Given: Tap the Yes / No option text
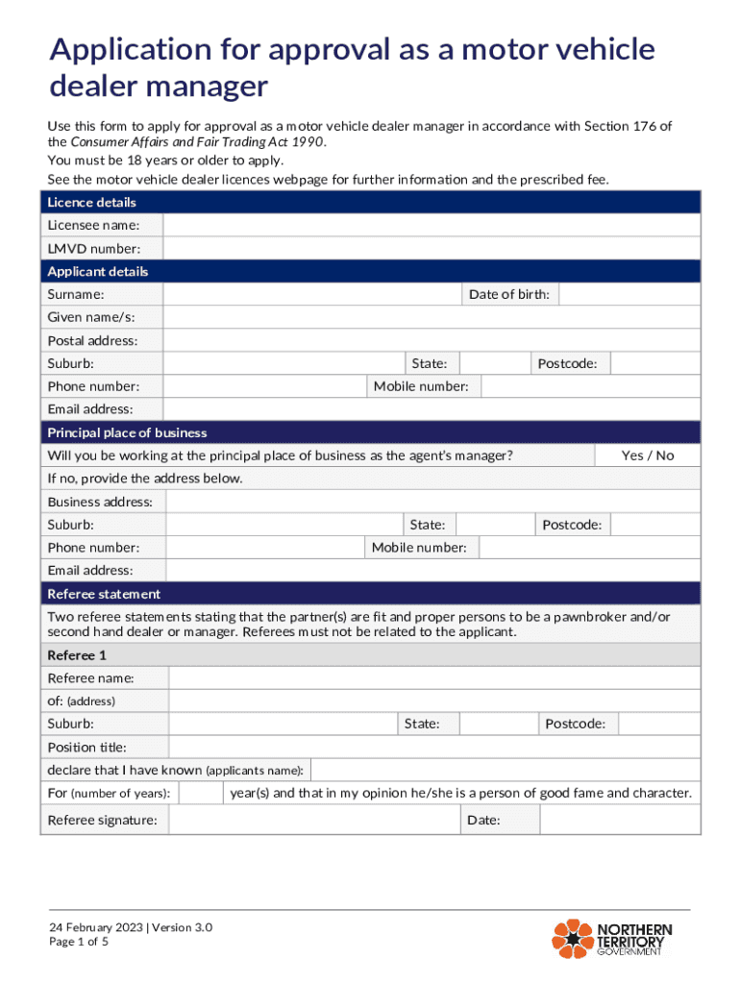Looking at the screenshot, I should tap(647, 455).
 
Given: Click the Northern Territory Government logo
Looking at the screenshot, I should tap(612, 938).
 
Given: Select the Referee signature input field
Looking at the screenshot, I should tap(314, 820).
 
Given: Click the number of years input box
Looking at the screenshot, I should tap(201, 793).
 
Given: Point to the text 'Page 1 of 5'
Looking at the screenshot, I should tap(80, 943).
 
